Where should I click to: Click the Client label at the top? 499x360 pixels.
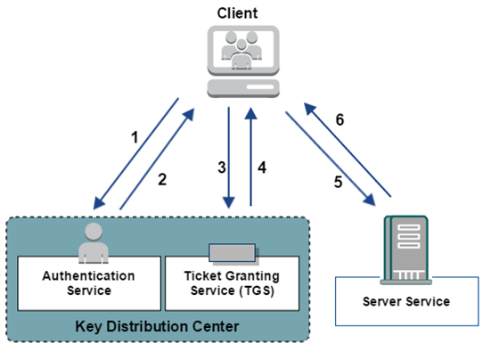[x=237, y=13]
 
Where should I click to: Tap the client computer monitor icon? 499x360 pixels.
[x=243, y=50]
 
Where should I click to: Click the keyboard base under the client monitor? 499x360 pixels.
[x=243, y=88]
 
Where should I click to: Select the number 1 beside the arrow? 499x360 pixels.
[x=135, y=137]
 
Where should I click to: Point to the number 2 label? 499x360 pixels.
[x=162, y=179]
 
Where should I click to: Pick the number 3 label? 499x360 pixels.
[x=222, y=168]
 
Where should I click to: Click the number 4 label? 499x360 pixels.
[x=262, y=168]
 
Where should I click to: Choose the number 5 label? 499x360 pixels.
[x=339, y=182]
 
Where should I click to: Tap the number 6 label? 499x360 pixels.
[x=339, y=120]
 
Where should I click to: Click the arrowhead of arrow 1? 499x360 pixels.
[x=98, y=204]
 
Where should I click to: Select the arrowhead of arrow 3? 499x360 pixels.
[x=229, y=203]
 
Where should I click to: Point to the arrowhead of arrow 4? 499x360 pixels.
[x=250, y=113]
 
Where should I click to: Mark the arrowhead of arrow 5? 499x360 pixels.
[x=370, y=200]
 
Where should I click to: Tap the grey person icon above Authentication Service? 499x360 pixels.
[x=94, y=243]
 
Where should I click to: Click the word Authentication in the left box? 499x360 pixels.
[x=89, y=276]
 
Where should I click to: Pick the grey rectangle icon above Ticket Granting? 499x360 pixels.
[x=233, y=254]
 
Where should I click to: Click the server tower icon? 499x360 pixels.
[x=406, y=250]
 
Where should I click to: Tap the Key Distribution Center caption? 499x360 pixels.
[x=157, y=326]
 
